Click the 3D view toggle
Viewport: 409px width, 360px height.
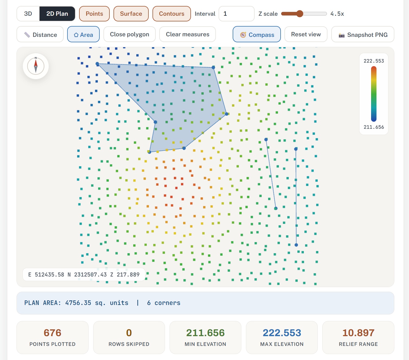[x=28, y=14]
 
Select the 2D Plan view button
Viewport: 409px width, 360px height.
[x=57, y=14]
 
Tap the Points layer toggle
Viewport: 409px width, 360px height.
[x=94, y=14]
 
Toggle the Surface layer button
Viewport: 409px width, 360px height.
[x=131, y=14]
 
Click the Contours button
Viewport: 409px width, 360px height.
[x=172, y=14]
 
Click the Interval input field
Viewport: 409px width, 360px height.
[x=236, y=14]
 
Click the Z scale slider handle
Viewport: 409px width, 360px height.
[x=300, y=14]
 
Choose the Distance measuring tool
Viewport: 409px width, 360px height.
[x=40, y=34]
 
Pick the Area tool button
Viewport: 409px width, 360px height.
[x=83, y=34]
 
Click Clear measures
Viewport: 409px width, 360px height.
[x=187, y=34]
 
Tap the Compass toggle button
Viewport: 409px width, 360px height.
[x=257, y=34]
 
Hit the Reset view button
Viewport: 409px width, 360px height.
[x=306, y=34]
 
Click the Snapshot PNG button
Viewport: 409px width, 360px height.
[x=363, y=34]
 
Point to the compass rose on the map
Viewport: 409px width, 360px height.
[x=36, y=66]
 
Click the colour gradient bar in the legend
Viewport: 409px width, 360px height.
[x=374, y=94]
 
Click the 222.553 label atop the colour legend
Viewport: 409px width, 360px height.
[x=374, y=61]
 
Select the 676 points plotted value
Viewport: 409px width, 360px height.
[x=53, y=333]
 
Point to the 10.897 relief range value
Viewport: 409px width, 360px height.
[x=358, y=333]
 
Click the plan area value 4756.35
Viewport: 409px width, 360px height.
[x=78, y=303]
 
